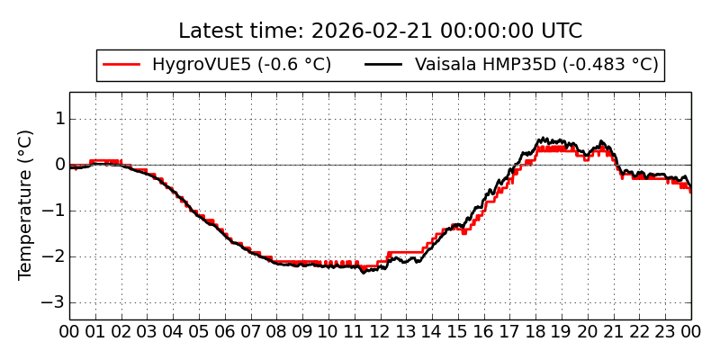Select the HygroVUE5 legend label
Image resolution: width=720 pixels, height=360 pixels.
(x=241, y=65)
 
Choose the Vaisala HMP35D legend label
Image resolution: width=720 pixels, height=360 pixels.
(x=536, y=65)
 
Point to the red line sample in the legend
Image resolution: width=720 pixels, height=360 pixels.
(x=122, y=65)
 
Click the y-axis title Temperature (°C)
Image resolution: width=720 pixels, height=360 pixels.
(x=26, y=204)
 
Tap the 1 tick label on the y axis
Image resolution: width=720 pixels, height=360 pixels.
(x=59, y=119)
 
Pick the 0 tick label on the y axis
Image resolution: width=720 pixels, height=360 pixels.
(x=59, y=165)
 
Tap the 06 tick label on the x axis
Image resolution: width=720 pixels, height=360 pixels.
(x=225, y=331)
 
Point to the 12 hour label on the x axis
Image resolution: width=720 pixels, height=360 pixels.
(x=381, y=331)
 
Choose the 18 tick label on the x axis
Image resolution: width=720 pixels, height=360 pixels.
(x=536, y=331)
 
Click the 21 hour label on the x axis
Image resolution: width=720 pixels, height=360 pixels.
(x=614, y=331)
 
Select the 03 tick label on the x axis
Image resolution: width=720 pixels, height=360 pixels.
(x=148, y=331)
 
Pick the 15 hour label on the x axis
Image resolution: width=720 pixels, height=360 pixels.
(x=458, y=331)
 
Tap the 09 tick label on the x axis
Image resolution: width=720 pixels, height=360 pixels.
(x=302, y=331)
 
